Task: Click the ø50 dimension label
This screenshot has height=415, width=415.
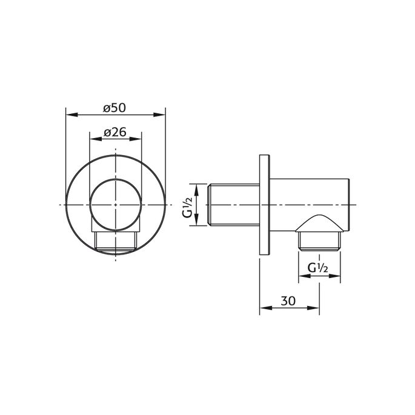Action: click(x=115, y=107)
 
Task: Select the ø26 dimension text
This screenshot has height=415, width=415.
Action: click(x=115, y=131)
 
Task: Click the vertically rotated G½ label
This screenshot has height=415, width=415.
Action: click(x=188, y=205)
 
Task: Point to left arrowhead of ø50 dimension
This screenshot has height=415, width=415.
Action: click(x=68, y=114)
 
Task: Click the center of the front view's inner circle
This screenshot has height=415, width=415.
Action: click(x=115, y=205)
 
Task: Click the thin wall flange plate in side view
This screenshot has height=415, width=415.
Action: click(x=264, y=205)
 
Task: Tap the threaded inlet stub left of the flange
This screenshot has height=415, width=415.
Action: click(x=233, y=205)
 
